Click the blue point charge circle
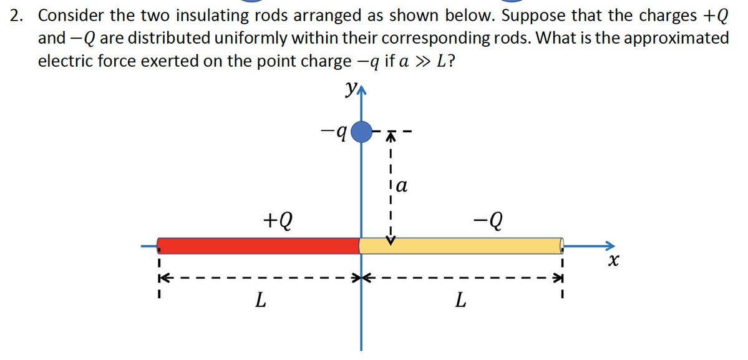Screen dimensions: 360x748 point(361,132)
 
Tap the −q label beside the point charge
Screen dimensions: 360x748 point(333,133)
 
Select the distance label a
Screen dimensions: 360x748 point(402,185)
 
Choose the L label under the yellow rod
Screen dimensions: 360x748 point(460,302)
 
